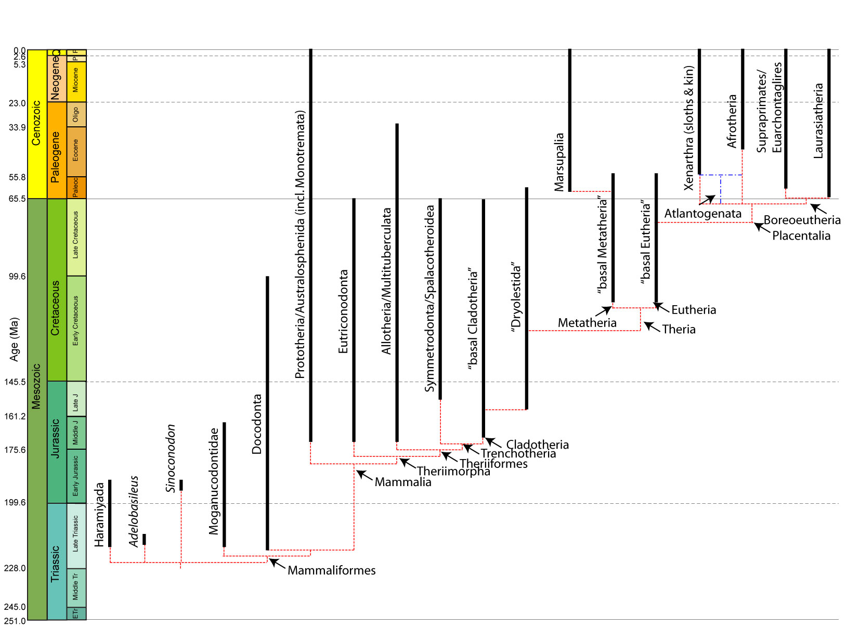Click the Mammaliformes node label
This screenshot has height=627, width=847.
(x=331, y=570)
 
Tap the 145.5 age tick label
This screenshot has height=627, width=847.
(x=15, y=382)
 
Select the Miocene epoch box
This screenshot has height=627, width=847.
(x=76, y=81)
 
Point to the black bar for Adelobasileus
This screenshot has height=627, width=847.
(x=144, y=539)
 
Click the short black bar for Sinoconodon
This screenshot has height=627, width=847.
(x=181, y=485)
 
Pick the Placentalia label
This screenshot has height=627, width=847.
(x=801, y=236)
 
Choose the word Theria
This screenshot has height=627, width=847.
(x=679, y=330)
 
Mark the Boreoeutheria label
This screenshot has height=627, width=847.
(x=802, y=220)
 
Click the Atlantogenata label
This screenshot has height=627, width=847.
(x=702, y=214)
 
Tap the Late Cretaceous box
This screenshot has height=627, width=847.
(x=76, y=237)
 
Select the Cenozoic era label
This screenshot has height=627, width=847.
(x=36, y=123)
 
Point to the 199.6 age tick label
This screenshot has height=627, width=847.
(x=15, y=502)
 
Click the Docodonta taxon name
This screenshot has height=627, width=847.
(x=257, y=424)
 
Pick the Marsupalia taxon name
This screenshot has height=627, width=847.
(x=559, y=162)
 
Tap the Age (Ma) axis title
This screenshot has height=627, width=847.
(x=14, y=339)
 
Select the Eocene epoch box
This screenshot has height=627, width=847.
(x=76, y=151)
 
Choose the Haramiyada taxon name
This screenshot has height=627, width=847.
(x=99, y=515)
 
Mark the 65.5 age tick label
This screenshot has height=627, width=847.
(x=17, y=199)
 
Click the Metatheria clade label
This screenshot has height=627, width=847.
(x=587, y=323)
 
